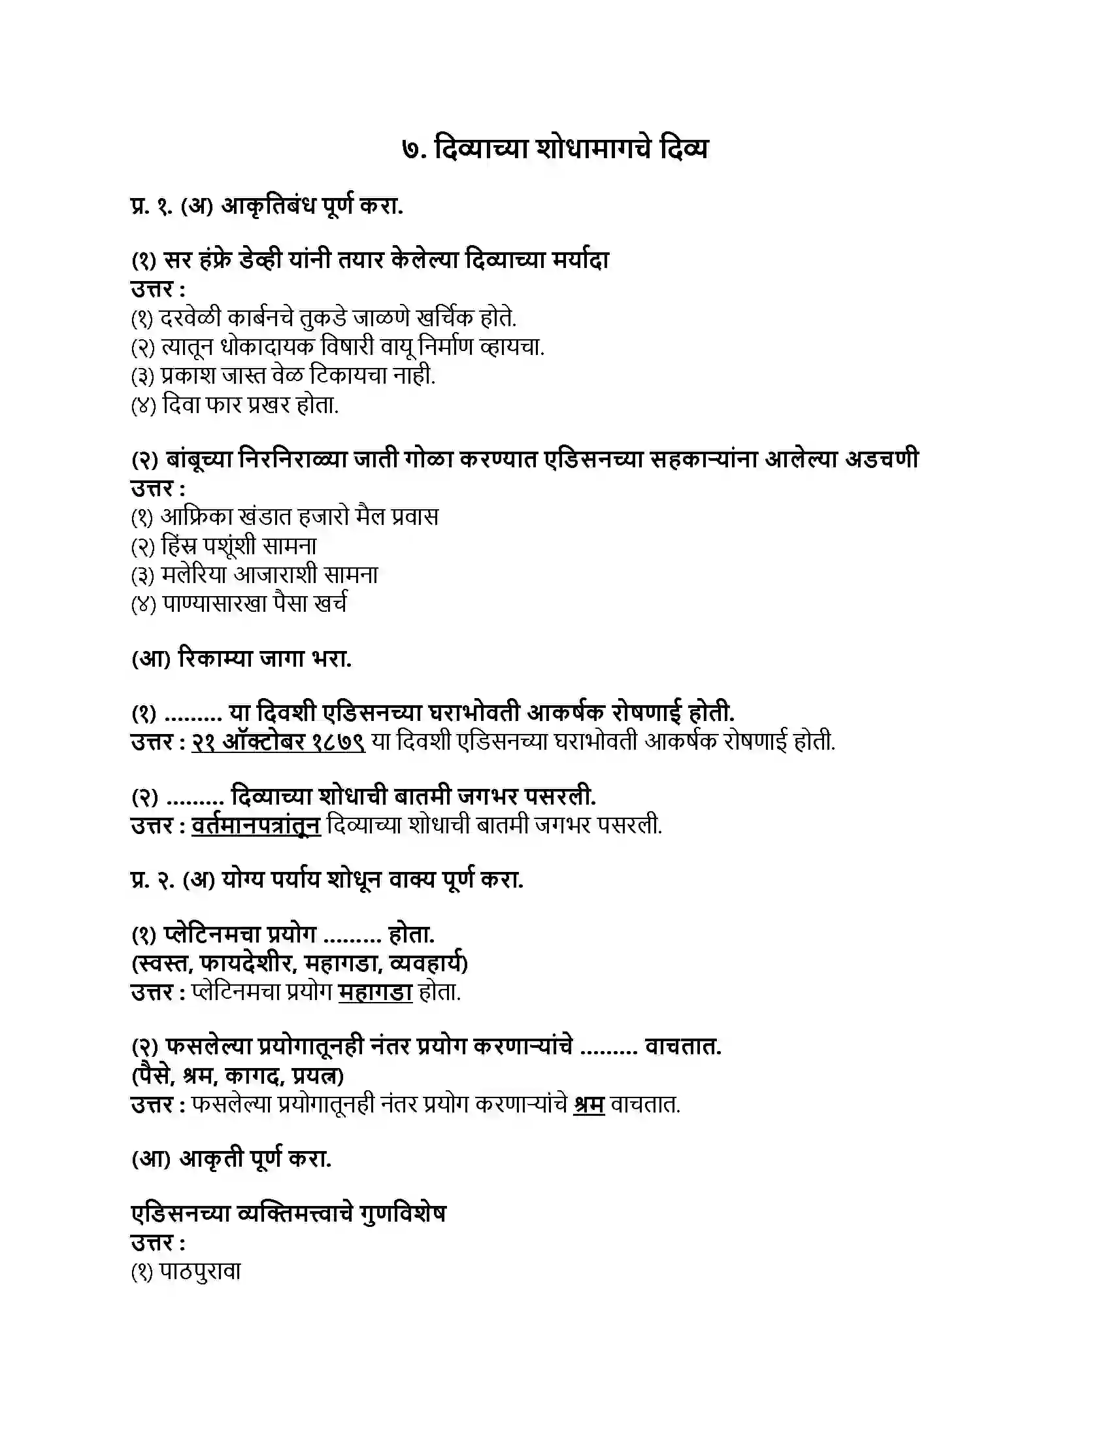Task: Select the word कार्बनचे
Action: tap(260, 319)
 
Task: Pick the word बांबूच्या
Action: tap(197, 459)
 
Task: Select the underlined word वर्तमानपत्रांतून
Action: tap(256, 826)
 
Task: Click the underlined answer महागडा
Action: tap(375, 993)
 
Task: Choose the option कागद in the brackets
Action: tap(253, 1077)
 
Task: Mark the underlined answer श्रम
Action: tap(589, 1105)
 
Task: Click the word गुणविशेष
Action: tap(403, 1214)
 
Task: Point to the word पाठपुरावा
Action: tap(201, 1272)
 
